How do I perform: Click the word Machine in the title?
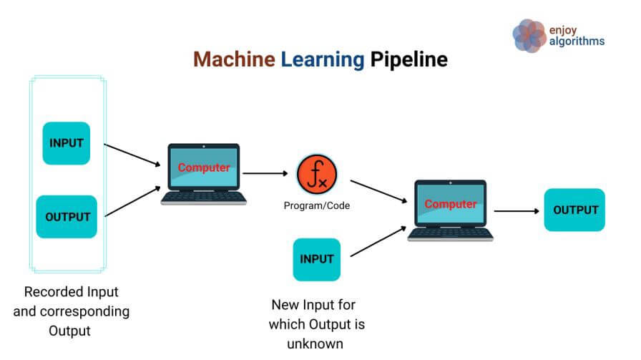click(234, 59)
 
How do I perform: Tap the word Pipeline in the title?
click(408, 60)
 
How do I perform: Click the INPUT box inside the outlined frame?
click(67, 143)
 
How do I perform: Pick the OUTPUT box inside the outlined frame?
click(67, 217)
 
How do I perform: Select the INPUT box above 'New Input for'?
click(317, 259)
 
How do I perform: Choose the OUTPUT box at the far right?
click(574, 210)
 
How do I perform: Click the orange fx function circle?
click(317, 174)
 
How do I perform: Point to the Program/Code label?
click(317, 205)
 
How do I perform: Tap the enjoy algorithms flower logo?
click(530, 36)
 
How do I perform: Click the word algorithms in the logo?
click(577, 42)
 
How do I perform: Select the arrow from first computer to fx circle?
click(265, 173)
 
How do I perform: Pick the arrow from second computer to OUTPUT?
click(517, 211)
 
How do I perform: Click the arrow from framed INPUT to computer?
click(132, 155)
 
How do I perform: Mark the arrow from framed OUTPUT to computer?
click(133, 201)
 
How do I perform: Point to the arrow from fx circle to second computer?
click(379, 192)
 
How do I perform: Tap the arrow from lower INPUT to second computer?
click(378, 241)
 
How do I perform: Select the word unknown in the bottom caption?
click(315, 344)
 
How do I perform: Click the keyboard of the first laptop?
click(204, 198)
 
